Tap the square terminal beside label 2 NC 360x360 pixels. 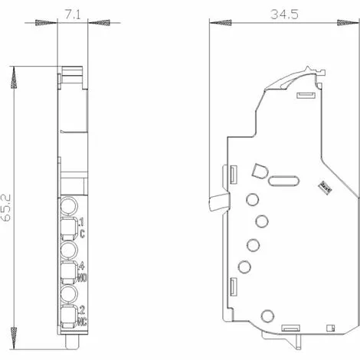(69, 314)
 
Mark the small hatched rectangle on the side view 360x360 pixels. (324, 185)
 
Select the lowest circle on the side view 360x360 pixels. (267, 316)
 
